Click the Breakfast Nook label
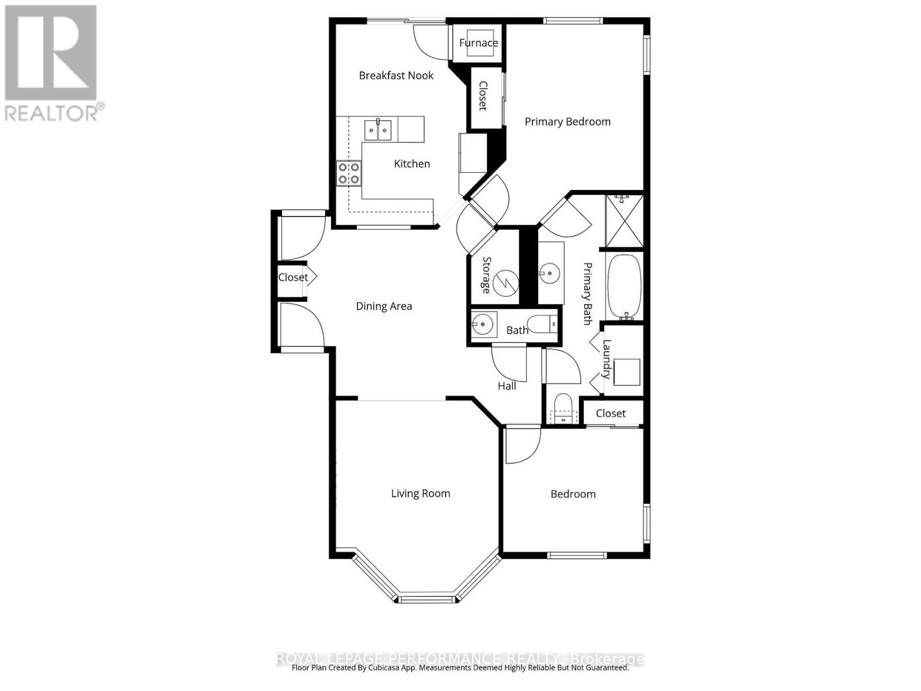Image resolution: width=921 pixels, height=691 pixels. tap(396, 75)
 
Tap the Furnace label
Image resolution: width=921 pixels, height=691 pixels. tap(478, 43)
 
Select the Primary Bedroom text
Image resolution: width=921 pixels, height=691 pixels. tap(568, 122)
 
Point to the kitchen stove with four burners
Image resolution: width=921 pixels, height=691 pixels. tap(349, 173)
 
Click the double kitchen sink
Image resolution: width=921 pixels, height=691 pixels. tap(378, 130)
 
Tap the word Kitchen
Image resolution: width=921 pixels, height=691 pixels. tap(412, 164)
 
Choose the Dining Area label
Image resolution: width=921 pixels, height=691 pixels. tap(384, 306)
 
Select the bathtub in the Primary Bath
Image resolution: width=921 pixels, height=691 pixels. tap(625, 286)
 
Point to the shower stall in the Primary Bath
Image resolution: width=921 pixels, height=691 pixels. tap(625, 222)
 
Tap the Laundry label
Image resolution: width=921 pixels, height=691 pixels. tap(607, 359)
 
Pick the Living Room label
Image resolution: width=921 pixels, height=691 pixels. tap(420, 493)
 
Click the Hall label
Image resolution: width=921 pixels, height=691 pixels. tap(507, 386)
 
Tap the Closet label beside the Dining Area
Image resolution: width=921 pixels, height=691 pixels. tap(293, 278)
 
